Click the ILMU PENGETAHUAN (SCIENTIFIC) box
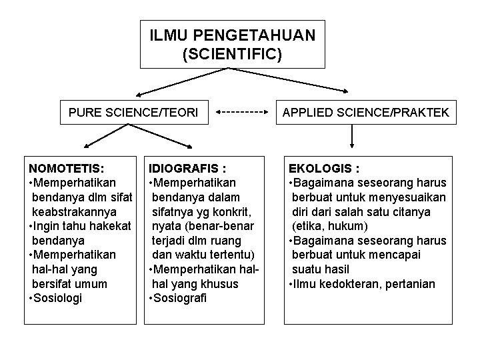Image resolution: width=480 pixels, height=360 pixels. coord(232,43)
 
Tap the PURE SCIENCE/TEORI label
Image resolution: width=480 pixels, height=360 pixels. coord(133,113)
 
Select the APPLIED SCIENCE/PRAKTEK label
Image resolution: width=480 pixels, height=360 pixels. coord(365,113)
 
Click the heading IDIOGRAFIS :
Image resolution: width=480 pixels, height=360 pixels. coord(187,167)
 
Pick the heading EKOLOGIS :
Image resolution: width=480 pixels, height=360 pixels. coord(323,167)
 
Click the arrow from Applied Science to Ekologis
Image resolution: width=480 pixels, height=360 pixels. coord(351,140)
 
